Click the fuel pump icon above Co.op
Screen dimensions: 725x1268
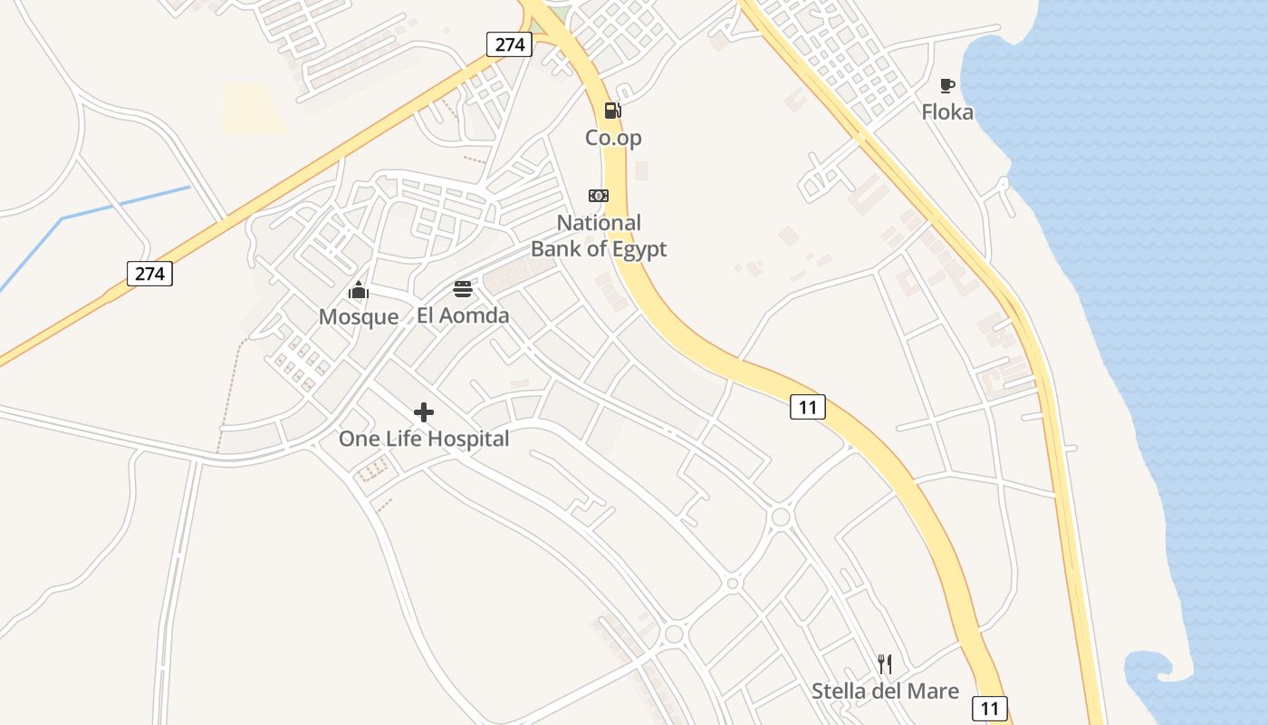coord(613,111)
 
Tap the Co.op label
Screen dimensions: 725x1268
coord(613,138)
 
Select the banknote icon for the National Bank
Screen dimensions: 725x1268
coord(599,196)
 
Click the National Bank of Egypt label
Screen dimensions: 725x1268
coord(599,236)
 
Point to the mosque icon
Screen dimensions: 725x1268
coord(359,291)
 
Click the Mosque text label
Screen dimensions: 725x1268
coord(359,316)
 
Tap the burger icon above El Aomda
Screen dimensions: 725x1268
coord(463,290)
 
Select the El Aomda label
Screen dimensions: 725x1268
coord(463,315)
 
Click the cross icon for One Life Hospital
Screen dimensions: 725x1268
coord(423,413)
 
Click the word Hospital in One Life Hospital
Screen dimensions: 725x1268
coord(467,440)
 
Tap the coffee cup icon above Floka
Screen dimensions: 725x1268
coord(947,86)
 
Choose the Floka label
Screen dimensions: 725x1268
coord(947,112)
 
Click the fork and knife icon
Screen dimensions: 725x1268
coord(885,664)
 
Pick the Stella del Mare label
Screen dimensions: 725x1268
coord(885,691)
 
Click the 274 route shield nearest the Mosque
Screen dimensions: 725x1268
coord(149,273)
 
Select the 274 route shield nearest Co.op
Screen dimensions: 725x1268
coord(509,43)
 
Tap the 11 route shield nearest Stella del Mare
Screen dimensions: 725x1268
coord(990,708)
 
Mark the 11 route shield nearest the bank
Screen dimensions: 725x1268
coord(808,407)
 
